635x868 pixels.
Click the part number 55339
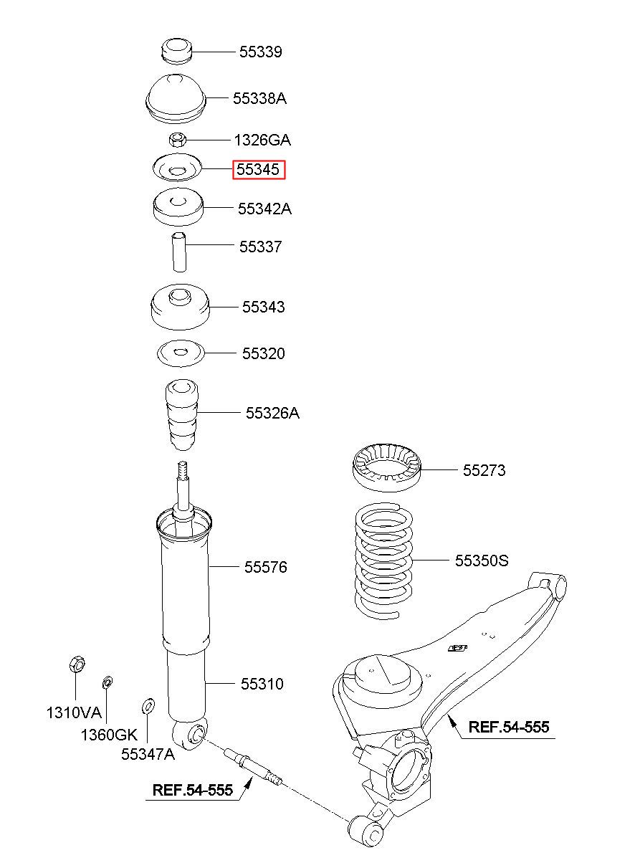pos(260,52)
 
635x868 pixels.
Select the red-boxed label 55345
pos(259,170)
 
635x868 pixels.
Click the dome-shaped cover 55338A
pos(176,97)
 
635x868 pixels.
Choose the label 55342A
pos(264,209)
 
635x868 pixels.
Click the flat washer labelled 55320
pos(181,353)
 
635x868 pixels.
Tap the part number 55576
pos(265,568)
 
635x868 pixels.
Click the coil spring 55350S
pos(385,561)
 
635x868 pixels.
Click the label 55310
pos(262,685)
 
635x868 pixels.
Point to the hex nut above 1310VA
pos(76,664)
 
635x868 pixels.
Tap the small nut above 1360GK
pos(108,682)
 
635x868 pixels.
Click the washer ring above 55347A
pos(148,705)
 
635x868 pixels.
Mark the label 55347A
pos(148,754)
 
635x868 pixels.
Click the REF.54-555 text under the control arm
pos(508,728)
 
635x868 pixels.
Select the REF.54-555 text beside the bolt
pos(192,791)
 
